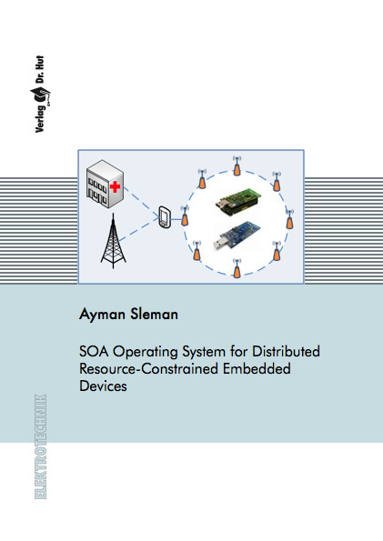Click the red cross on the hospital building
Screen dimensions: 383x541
pos(115,187)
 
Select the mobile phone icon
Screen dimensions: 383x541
pos(165,217)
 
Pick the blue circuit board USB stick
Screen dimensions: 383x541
pos(237,236)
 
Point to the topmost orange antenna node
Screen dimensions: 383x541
pos(237,165)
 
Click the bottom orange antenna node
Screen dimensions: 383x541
pos(237,267)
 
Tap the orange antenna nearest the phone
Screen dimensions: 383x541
pos(185,215)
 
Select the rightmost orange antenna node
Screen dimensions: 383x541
pos(290,219)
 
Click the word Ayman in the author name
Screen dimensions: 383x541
pos(102,315)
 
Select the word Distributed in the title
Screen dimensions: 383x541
pos(286,351)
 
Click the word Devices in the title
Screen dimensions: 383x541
pos(103,386)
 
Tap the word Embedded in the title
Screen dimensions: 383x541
pos(257,368)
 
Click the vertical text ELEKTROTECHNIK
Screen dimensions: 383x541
pos(40,446)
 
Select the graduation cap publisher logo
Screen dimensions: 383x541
pos(40,95)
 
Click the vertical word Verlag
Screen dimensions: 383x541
pos(40,119)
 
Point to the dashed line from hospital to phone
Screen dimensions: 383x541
pos(140,202)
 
